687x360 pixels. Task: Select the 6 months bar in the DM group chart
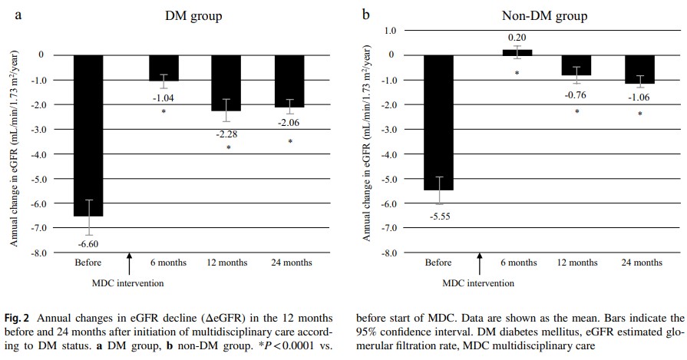pyautogui.click(x=163, y=68)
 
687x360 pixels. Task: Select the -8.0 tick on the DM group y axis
pyautogui.click(x=36, y=253)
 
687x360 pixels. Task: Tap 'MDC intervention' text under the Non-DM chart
pyautogui.click(x=479, y=281)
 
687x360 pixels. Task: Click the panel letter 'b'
pyautogui.click(x=365, y=14)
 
